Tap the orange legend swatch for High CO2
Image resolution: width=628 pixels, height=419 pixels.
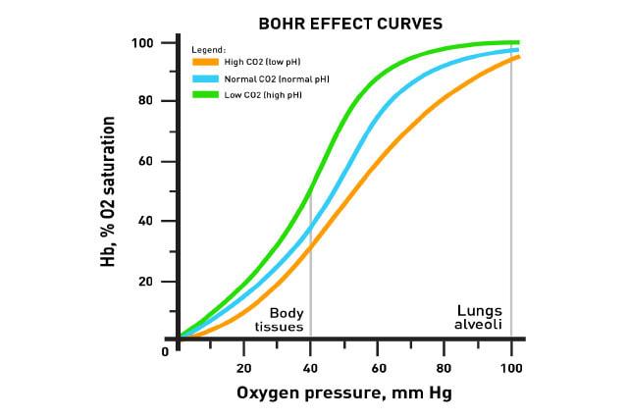tap(205, 61)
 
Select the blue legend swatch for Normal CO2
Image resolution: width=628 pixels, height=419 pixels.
tap(205, 78)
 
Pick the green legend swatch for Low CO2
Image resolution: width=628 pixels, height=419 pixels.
tap(205, 93)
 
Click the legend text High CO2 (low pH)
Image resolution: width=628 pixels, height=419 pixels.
tap(261, 61)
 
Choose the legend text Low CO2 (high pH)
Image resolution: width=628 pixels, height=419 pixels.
tap(261, 93)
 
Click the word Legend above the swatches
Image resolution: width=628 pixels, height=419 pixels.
tap(208, 48)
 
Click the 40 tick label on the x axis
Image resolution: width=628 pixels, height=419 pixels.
tap(310, 368)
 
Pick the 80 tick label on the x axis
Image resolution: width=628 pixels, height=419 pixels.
tap(444, 368)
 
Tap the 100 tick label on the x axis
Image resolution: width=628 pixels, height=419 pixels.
tap(510, 368)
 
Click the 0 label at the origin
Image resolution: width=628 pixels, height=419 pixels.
tap(166, 350)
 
